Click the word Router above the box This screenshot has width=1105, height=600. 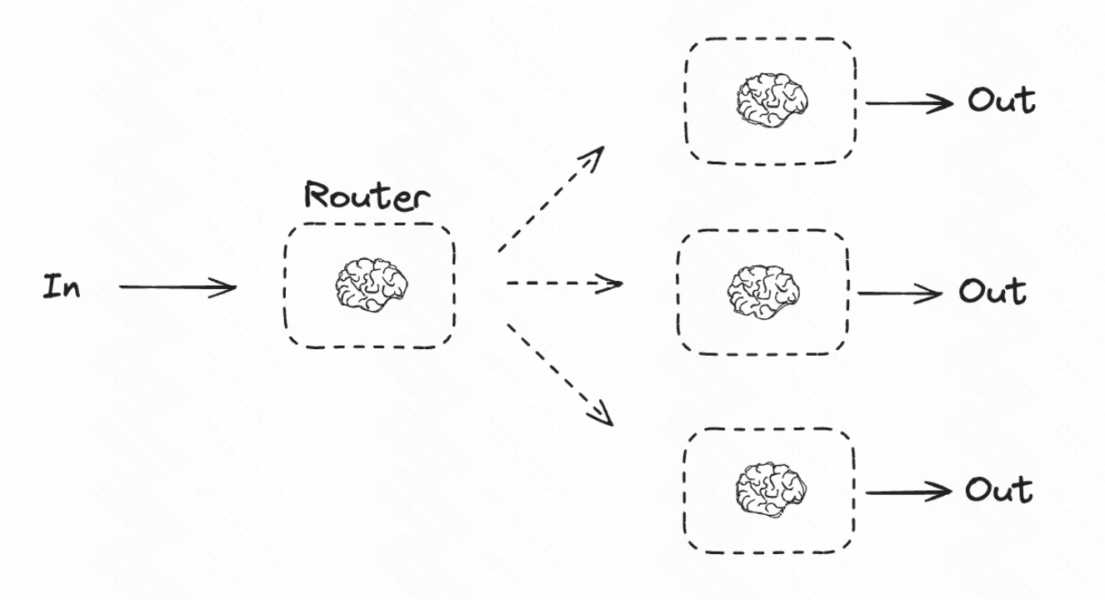pos(367,197)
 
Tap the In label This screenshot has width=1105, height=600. pos(62,288)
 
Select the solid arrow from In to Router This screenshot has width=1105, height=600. pos(177,288)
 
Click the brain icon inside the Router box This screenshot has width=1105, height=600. pos(372,286)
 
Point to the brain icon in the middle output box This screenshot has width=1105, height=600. pos(763,292)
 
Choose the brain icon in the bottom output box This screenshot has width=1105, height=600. pos(772,488)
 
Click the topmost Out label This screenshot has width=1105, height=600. pos(1001,101)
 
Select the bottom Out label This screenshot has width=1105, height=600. pos(998,490)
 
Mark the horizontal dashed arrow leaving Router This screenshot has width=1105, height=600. pos(563,284)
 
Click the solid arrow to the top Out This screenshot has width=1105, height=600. pos(908,102)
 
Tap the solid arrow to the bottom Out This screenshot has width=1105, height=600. pos(908,492)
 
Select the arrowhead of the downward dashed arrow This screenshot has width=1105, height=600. pos(602,414)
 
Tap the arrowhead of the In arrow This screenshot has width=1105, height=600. pos(226,288)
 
